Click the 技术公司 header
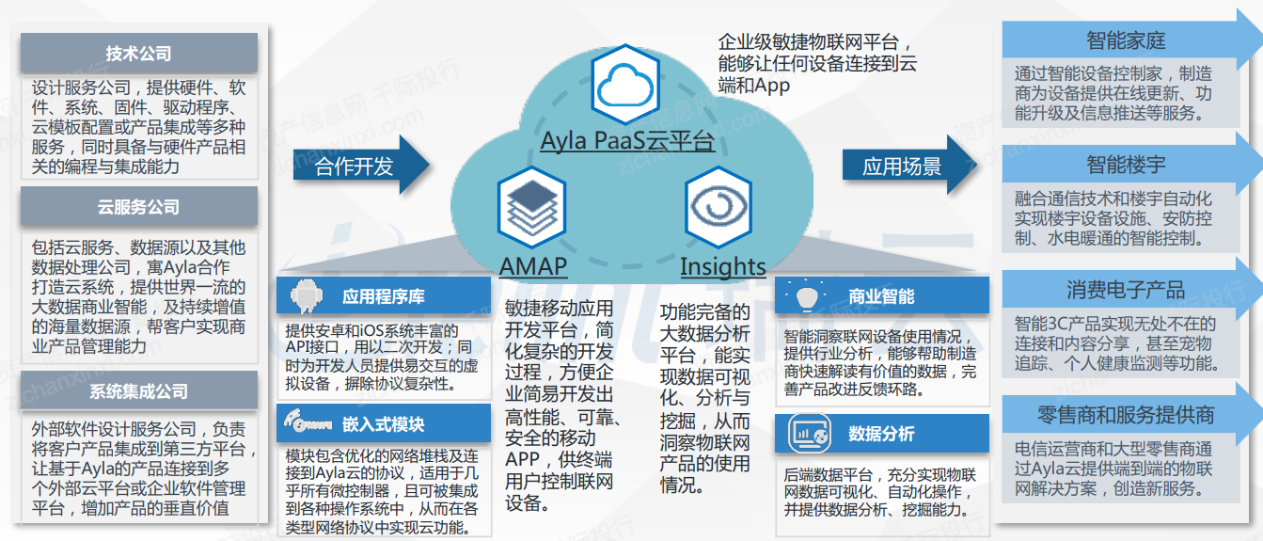[x=138, y=54]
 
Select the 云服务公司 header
[x=138, y=207]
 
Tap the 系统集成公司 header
[x=138, y=391]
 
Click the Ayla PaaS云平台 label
[x=627, y=142]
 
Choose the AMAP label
[x=532, y=266]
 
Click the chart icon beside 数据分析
[x=809, y=434]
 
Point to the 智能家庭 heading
[x=1126, y=40]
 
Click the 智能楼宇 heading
[x=1126, y=165]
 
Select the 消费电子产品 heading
[x=1126, y=290]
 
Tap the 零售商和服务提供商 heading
[x=1126, y=414]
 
